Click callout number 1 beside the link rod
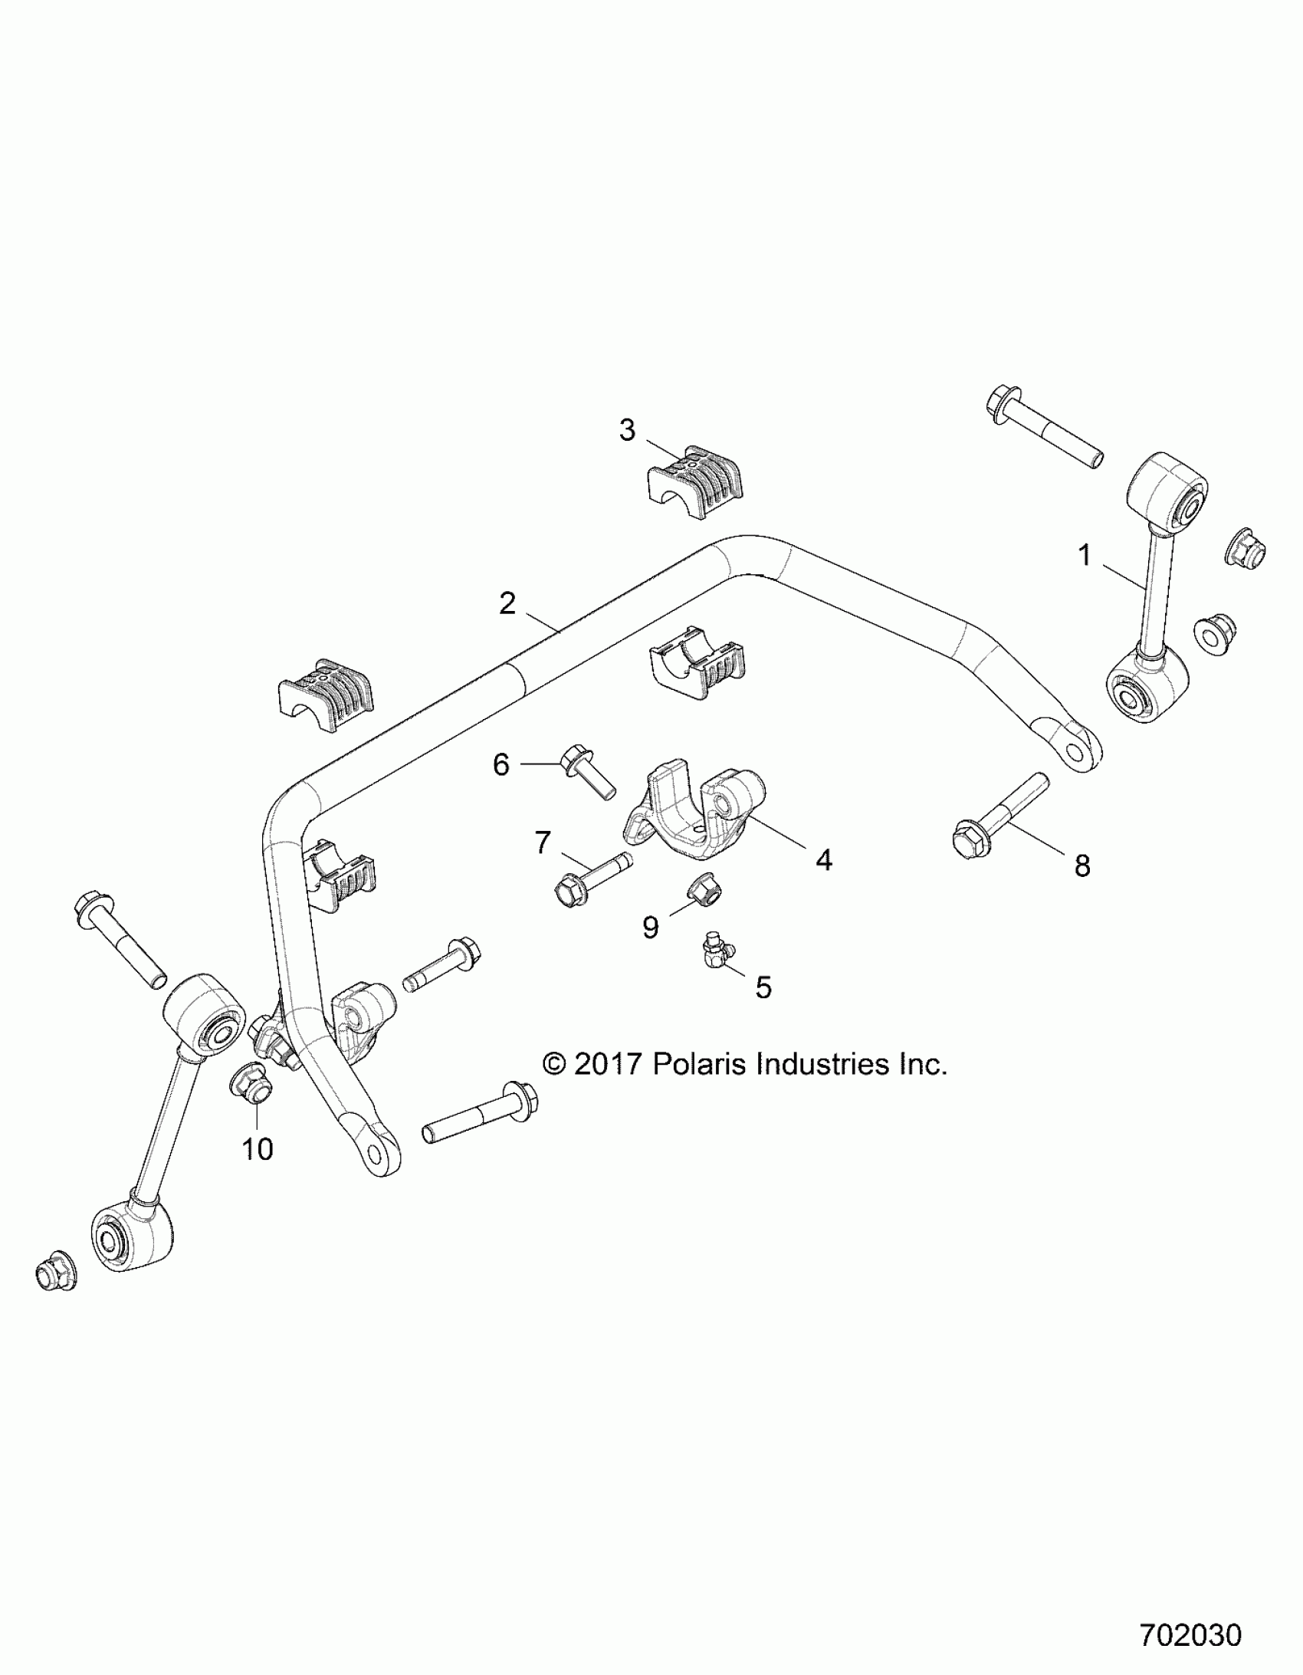pyautogui.click(x=1085, y=555)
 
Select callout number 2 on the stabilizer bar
pyautogui.click(x=507, y=603)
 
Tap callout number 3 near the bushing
pyautogui.click(x=627, y=430)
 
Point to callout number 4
pyautogui.click(x=824, y=861)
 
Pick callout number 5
pyautogui.click(x=763, y=988)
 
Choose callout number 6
pyautogui.click(x=501, y=764)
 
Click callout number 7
pyautogui.click(x=543, y=843)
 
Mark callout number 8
pyautogui.click(x=1082, y=866)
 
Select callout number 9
pyautogui.click(x=650, y=928)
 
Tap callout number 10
pyautogui.click(x=258, y=1171)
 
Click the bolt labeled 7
pyautogui.click(x=590, y=879)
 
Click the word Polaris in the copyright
pyautogui.click(x=700, y=1064)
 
